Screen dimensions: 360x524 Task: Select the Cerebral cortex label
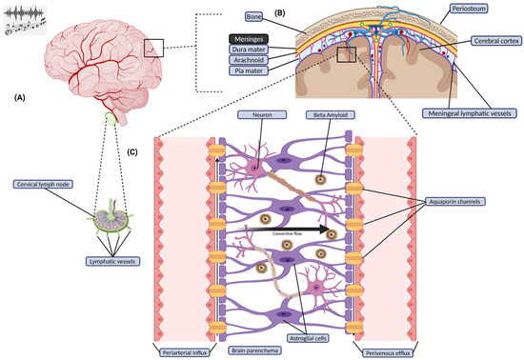tap(495, 42)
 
